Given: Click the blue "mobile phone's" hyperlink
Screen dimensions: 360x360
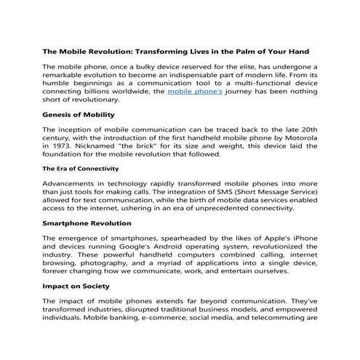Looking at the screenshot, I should (193, 92).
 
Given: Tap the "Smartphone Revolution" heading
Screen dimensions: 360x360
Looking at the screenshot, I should (87, 223).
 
